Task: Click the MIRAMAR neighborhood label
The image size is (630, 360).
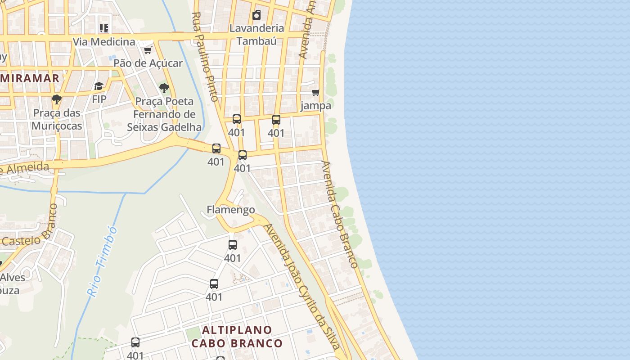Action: point(30,78)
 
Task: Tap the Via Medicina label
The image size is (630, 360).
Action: point(104,42)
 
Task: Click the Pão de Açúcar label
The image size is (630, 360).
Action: point(148,63)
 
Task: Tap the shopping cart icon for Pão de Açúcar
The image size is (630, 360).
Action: point(148,49)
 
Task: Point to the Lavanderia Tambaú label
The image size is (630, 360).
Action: point(256,34)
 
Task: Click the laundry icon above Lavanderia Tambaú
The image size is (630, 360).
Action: point(256,15)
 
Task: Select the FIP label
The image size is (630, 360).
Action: point(99,99)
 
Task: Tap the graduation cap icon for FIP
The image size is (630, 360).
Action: point(99,86)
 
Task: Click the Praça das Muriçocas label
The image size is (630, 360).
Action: point(57,119)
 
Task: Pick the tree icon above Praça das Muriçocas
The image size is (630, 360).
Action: point(56,99)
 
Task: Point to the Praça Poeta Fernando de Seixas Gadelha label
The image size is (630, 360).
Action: point(164,114)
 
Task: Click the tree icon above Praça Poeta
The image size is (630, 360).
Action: point(164,88)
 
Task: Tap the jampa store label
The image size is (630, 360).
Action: point(316,106)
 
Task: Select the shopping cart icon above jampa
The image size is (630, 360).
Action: point(316,93)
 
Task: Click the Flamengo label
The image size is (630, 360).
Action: point(231,210)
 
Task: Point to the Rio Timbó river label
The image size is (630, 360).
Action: point(103,261)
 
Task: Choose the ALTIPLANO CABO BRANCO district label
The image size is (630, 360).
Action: point(237,337)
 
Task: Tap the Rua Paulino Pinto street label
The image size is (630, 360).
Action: point(205,56)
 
